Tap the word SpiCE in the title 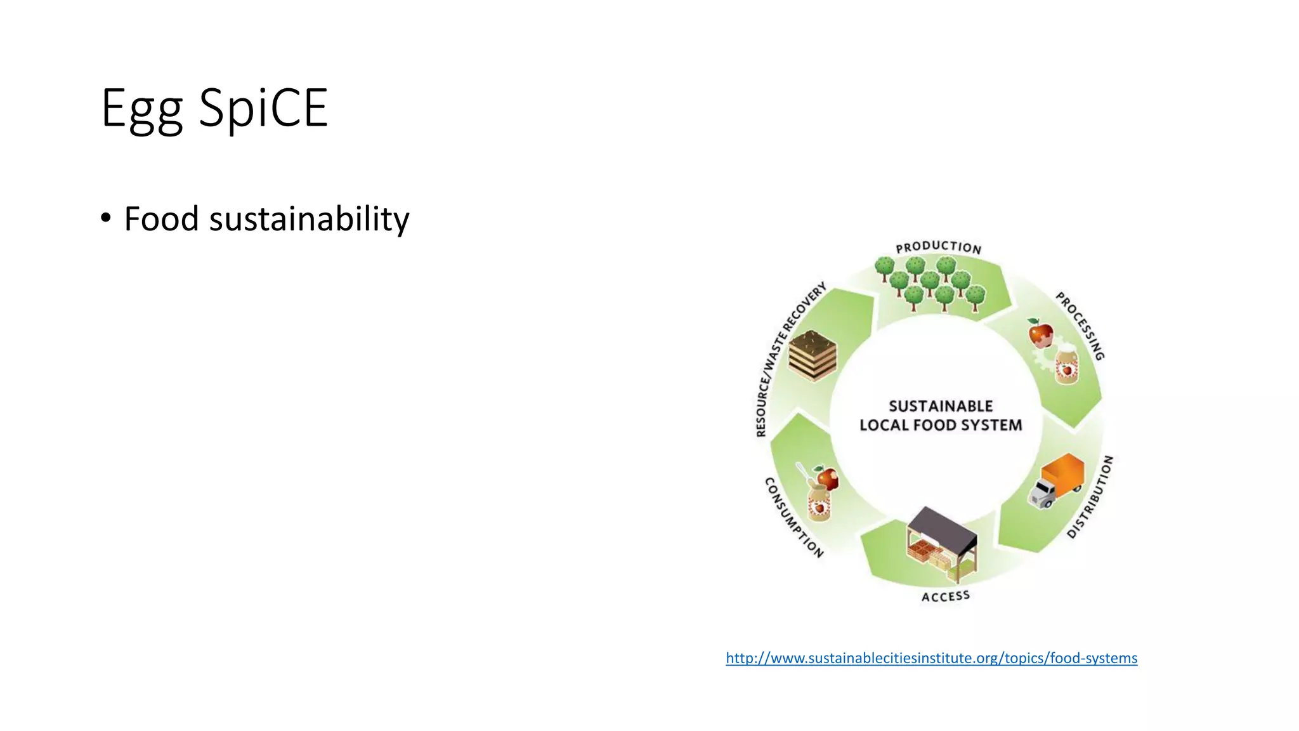263,108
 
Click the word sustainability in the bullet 309,220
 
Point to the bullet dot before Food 106,218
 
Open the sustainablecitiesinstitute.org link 931,658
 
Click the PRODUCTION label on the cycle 938,247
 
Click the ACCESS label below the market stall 945,596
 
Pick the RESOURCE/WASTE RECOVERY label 789,360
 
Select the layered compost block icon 812,356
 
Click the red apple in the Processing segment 1040,333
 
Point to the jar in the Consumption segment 818,503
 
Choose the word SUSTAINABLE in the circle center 940,406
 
